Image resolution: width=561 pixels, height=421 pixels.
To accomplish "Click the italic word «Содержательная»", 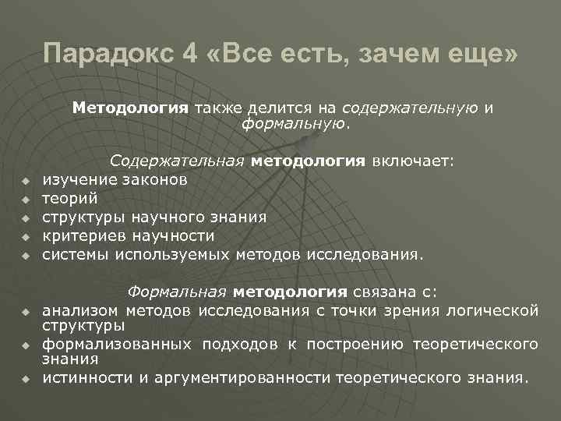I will (x=178, y=161).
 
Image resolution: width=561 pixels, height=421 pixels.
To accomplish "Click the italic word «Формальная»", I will (x=176, y=292).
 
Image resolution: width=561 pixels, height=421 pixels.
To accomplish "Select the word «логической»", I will (x=491, y=311).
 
